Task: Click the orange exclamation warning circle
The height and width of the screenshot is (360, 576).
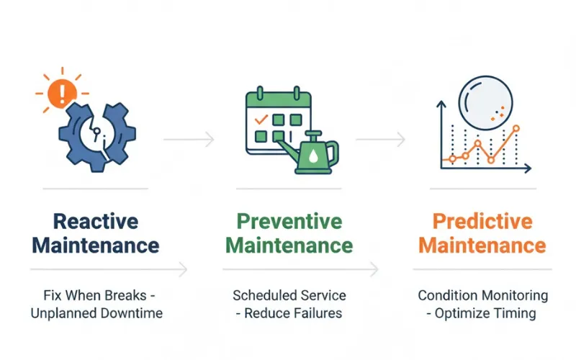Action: click(x=61, y=93)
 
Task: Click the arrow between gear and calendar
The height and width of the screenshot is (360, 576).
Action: click(x=189, y=138)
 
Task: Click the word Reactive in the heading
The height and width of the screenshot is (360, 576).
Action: click(x=96, y=220)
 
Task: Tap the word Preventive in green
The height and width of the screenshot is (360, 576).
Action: click(x=289, y=220)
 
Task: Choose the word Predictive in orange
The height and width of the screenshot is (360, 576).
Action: click(x=482, y=220)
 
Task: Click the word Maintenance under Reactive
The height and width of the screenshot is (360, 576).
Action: click(x=96, y=245)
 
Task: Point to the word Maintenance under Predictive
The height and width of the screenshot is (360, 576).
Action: click(x=482, y=245)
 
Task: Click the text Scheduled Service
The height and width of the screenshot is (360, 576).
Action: click(x=289, y=295)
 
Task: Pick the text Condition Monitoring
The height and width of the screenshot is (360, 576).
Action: click(x=482, y=295)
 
